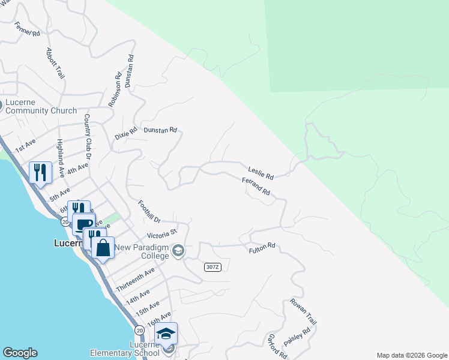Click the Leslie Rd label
[x=261, y=173]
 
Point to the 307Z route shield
[x=212, y=267]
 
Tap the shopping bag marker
[x=103, y=247]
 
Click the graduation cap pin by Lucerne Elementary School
[x=166, y=333]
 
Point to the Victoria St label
[x=163, y=233]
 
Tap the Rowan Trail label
[x=302, y=311]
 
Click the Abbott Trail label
[x=55, y=64]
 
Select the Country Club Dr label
[x=88, y=136]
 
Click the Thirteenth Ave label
[x=135, y=280]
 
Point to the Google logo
[x=20, y=353]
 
